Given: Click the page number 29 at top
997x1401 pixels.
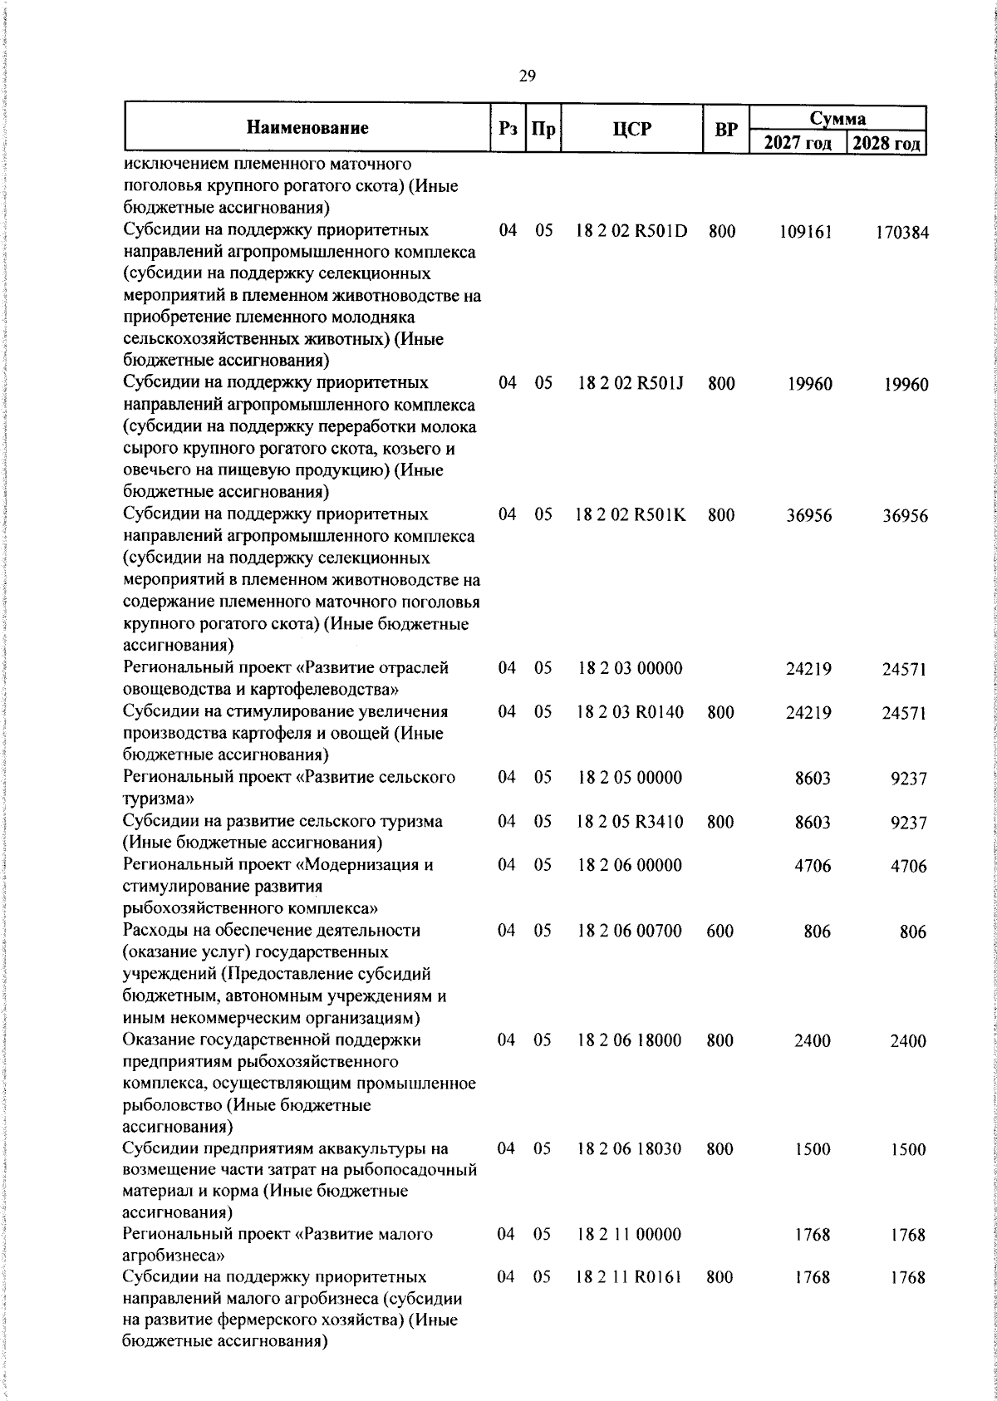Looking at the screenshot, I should click(x=527, y=76).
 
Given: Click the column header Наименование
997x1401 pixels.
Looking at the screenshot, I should click(x=307, y=128).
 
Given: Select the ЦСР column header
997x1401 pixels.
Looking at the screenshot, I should click(x=631, y=129).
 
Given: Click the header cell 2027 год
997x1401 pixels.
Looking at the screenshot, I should click(x=797, y=143).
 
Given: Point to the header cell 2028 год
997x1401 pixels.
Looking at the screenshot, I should click(x=886, y=143).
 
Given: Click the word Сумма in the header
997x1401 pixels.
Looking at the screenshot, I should click(x=837, y=118).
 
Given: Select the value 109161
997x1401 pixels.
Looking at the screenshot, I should click(x=805, y=232).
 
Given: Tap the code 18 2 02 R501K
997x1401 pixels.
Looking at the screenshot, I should click(x=631, y=515).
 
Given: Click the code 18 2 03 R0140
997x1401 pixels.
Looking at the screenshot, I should click(x=631, y=712).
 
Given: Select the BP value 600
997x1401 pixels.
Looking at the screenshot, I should click(x=720, y=931).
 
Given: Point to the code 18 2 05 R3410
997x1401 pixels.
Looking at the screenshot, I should click(x=631, y=822).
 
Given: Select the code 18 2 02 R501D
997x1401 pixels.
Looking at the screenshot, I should click(x=631, y=231).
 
